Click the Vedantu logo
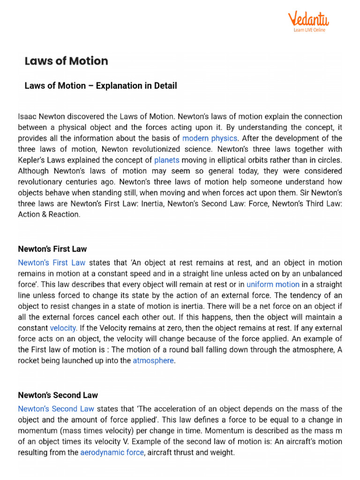pos(308,19)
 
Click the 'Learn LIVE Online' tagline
pos(309,30)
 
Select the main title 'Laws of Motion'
pos(66,61)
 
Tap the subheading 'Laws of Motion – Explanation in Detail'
pos(100,86)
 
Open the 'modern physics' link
pos(210,138)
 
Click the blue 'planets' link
pos(167,160)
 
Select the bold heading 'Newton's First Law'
pos(52,249)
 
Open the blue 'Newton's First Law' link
pos(52,262)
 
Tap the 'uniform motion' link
pos(273,284)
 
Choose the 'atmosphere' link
pos(153,360)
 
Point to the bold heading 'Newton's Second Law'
pos(58,395)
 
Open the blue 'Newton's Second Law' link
pos(56,409)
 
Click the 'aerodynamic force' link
pos(112,452)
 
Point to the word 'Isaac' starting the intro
pos(28,116)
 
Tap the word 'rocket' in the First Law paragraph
pos(29,360)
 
